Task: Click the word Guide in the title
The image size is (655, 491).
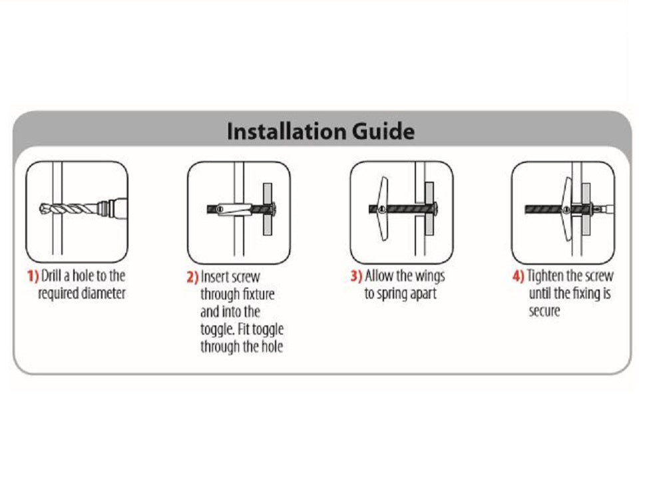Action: (383, 132)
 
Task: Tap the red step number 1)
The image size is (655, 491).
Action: (33, 276)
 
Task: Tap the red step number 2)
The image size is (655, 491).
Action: (192, 277)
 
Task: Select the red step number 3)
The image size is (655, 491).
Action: (356, 276)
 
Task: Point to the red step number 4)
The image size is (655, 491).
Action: (519, 276)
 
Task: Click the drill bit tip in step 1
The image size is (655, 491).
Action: (41, 209)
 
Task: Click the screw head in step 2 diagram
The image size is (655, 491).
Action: (274, 209)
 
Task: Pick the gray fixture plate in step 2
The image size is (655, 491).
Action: (268, 209)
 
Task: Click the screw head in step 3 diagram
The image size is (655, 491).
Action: (436, 208)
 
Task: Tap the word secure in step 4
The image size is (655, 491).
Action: (545, 311)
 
